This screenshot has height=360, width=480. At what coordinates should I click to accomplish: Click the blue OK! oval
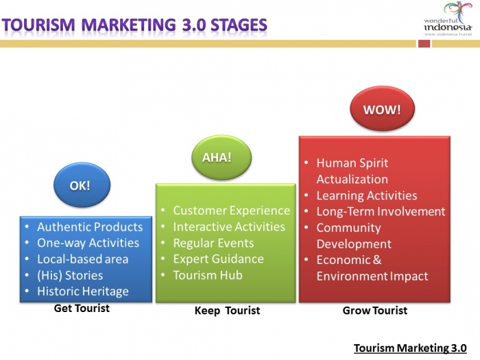[x=82, y=185]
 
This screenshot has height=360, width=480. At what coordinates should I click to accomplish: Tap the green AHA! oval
[x=221, y=157]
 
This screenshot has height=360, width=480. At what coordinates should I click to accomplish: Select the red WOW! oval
[x=383, y=108]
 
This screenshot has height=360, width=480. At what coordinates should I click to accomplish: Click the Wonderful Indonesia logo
[x=448, y=19]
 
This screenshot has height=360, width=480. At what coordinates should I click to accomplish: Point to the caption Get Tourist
[x=82, y=309]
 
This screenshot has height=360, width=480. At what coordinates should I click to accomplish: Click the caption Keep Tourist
[x=227, y=311]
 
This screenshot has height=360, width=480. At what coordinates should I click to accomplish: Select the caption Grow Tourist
[x=375, y=311]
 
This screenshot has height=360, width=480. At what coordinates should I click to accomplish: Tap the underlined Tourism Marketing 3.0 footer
[x=410, y=348]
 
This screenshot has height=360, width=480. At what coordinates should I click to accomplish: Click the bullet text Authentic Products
[x=90, y=227]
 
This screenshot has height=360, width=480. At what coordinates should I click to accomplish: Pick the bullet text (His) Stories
[x=70, y=275]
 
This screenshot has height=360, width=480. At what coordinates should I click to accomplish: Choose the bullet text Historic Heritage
[x=83, y=291]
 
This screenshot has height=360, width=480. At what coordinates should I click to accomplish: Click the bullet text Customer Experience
[x=232, y=211]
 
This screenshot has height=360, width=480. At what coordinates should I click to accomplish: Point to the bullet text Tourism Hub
[x=208, y=275]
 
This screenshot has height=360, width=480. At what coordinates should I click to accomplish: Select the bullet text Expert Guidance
[x=219, y=259]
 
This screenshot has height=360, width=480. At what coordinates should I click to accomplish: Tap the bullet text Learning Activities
[x=367, y=195]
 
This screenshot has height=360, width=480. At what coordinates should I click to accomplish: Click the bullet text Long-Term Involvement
[x=381, y=211]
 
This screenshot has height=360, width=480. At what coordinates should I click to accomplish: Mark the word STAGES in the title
[x=239, y=25]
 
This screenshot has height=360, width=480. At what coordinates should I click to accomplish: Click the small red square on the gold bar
[x=424, y=44]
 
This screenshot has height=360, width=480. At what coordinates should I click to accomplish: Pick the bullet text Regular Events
[x=213, y=243]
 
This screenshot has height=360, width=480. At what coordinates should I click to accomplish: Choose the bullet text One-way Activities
[x=88, y=243]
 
